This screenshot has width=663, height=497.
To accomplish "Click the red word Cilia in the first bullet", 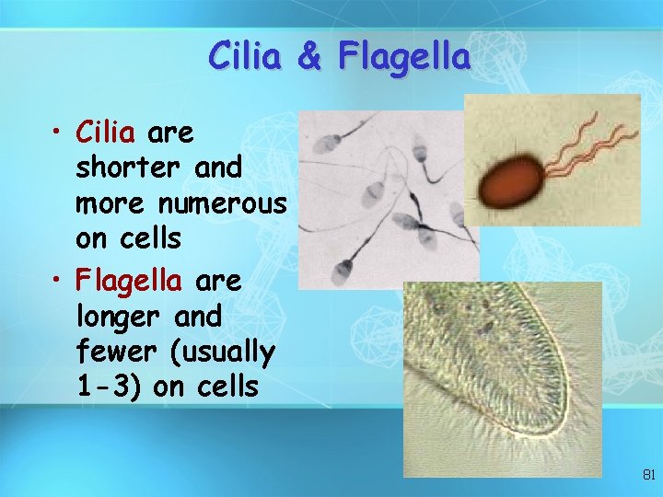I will (x=106, y=134).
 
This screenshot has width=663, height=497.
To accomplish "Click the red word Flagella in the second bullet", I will (x=129, y=280).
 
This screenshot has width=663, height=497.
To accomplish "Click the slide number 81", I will (x=647, y=475).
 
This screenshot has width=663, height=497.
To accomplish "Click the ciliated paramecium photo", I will (x=502, y=377).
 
